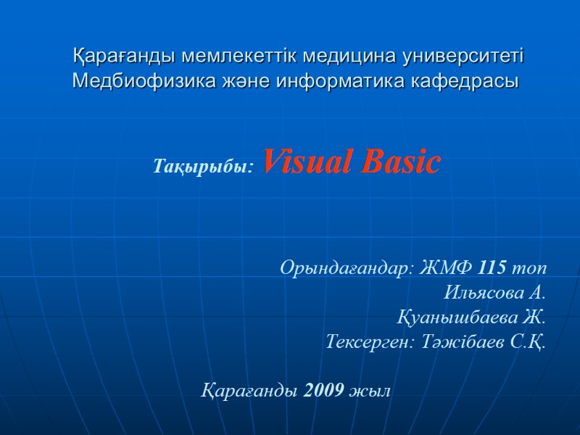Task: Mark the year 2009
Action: click(325, 391)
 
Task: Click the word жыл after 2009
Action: click(370, 391)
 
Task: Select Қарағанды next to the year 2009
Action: click(249, 391)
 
